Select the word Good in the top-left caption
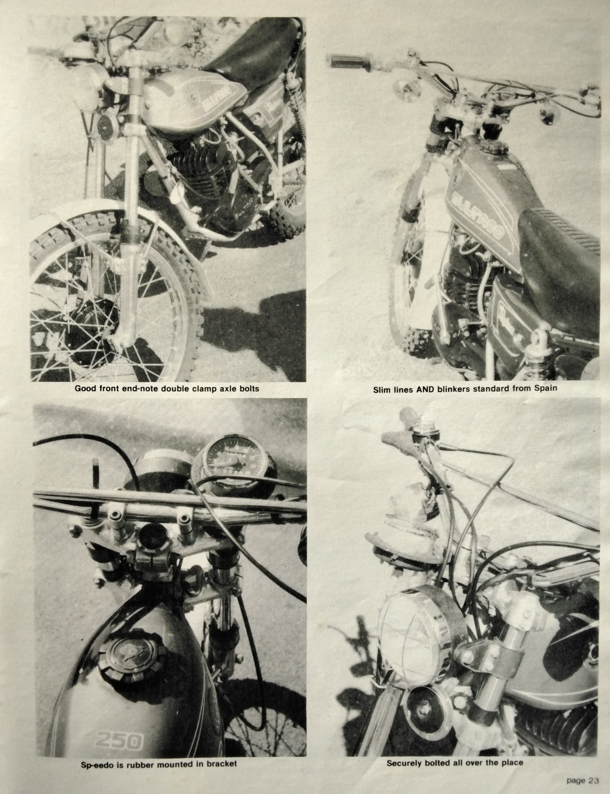[84, 388]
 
